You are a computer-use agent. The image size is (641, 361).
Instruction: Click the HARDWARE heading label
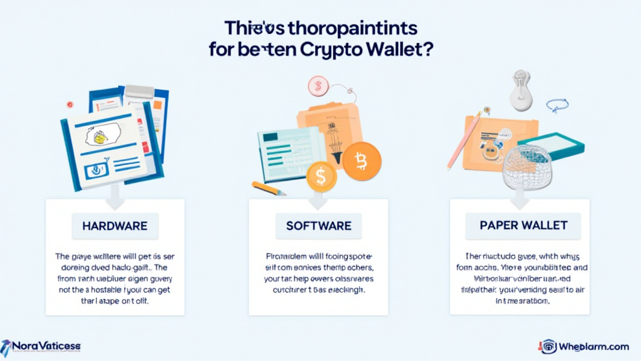click(x=115, y=225)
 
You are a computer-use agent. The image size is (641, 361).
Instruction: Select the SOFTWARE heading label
click(x=319, y=225)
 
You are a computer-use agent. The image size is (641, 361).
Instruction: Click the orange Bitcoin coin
click(x=361, y=161)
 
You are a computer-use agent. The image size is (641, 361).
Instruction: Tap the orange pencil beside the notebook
click(x=269, y=188)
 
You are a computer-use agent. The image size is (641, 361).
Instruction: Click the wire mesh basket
click(x=528, y=167)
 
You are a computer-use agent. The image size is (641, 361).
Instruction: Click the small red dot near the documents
click(x=70, y=105)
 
